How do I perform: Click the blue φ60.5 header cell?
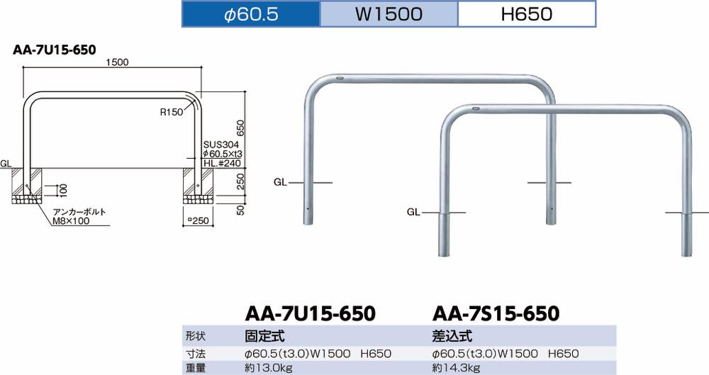coord(251,14)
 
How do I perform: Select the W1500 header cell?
coord(389,14)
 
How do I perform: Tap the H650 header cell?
coord(526,14)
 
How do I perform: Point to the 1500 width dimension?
coord(116,62)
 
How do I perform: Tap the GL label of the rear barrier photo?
coord(280,183)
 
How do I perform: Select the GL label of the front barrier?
coord(413,212)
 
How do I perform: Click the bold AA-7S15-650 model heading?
coord(496,313)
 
